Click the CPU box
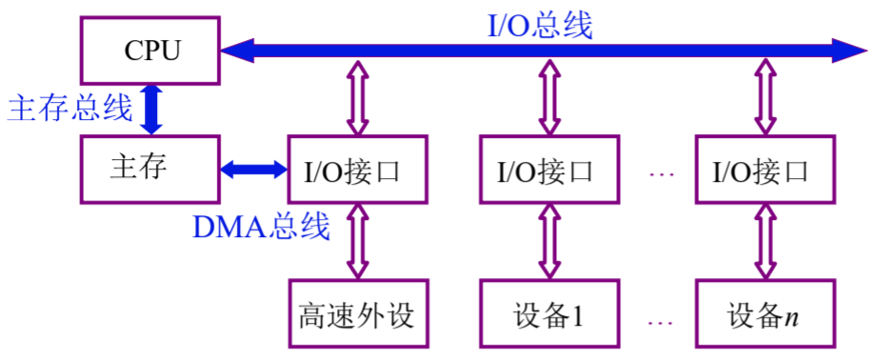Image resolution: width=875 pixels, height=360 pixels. [149, 50]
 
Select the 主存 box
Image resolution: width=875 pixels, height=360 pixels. [149, 170]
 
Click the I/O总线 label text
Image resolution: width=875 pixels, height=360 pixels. [540, 24]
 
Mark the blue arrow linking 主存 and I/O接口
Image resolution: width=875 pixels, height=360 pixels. [253, 170]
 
